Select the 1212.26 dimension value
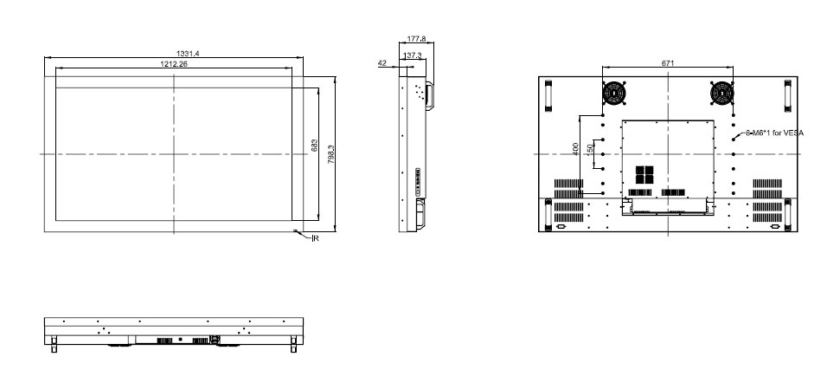[174, 64]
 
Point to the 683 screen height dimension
[314, 146]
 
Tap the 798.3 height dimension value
[331, 154]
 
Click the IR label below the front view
[316, 238]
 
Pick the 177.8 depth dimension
[416, 39]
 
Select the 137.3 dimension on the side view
[413, 55]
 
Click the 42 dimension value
[382, 63]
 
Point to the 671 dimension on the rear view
[668, 63]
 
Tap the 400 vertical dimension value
[575, 149]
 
